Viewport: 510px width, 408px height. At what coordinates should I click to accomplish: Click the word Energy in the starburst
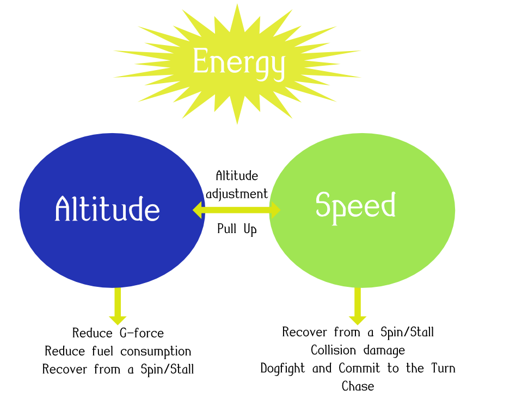tap(238, 62)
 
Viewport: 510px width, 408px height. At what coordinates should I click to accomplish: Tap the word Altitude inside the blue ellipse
tap(107, 209)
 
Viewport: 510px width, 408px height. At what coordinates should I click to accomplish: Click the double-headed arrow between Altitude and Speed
tap(237, 210)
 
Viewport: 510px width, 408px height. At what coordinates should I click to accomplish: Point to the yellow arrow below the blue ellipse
tap(118, 306)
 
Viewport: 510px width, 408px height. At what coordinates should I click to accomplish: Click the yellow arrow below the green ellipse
tap(358, 306)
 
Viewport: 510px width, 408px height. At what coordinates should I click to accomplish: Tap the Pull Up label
tap(237, 229)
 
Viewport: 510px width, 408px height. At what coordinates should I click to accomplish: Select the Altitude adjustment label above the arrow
tap(237, 185)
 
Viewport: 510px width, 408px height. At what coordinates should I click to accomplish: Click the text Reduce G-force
tap(118, 333)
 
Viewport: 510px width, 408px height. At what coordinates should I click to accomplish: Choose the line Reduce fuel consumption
tap(118, 351)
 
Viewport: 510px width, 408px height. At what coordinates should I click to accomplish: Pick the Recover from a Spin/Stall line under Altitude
tap(118, 369)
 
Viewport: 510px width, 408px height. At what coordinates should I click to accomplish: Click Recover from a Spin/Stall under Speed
tap(358, 332)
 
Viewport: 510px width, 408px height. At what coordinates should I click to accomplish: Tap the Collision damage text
tap(358, 350)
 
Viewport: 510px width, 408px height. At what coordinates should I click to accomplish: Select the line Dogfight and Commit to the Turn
tap(358, 368)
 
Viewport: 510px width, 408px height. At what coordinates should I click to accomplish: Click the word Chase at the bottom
tap(358, 386)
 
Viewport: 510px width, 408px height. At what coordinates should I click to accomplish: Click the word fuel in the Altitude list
tap(102, 351)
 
